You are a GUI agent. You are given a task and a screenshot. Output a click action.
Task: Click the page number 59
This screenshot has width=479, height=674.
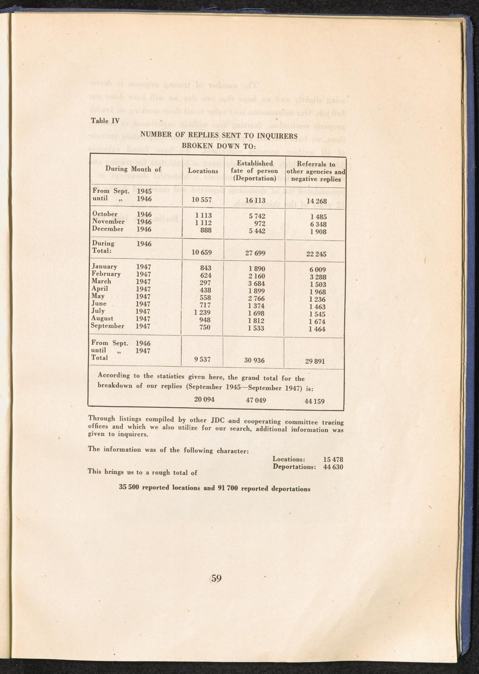pos(216,578)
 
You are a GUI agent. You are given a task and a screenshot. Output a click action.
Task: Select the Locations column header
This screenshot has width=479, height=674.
pos(203,171)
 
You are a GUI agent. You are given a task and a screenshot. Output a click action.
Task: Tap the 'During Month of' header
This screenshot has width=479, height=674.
pos(133,169)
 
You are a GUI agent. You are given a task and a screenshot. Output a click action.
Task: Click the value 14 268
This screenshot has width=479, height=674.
pos(316,201)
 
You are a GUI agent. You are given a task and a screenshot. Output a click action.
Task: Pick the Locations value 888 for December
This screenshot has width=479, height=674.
pos(205,230)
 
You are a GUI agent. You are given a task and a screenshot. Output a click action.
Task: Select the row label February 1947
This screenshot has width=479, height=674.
pos(121,274)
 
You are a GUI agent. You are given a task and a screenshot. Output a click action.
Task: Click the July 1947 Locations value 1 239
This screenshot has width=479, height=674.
pos(203,312)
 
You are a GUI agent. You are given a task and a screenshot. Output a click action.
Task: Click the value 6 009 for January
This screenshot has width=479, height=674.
pos(317,270)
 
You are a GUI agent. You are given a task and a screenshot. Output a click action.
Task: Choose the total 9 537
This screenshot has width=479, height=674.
pos(202,360)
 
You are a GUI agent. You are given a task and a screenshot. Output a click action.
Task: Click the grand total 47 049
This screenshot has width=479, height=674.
pos(256,400)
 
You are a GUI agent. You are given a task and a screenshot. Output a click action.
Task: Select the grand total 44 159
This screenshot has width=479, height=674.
pos(314,401)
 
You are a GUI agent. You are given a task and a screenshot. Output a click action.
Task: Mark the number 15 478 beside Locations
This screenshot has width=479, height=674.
pos(333,459)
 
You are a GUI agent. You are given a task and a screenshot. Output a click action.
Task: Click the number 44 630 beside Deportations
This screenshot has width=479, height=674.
pos(333,467)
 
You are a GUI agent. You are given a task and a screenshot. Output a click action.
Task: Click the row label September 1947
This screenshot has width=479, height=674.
pos(121,326)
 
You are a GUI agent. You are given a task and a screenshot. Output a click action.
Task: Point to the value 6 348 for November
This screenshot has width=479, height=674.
pos(318,224)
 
